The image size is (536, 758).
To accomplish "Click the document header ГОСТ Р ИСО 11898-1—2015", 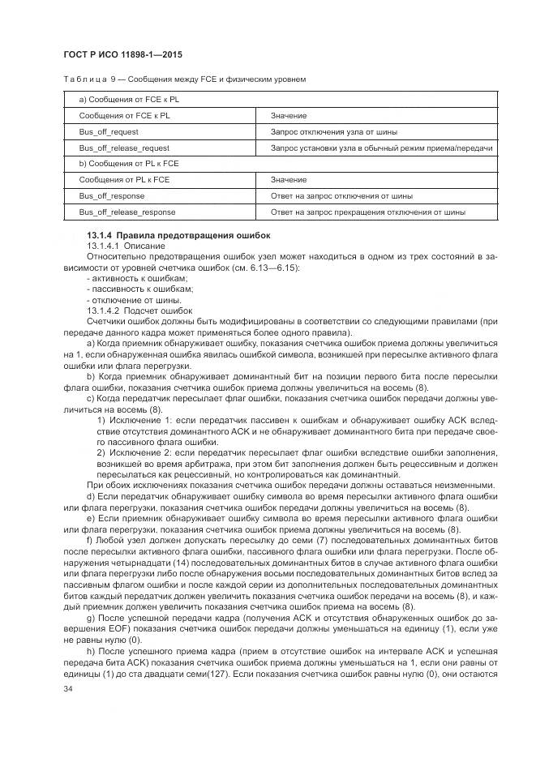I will point(122,54).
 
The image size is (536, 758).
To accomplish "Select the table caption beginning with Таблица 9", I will point(183,79).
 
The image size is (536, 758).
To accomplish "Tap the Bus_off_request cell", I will point(109,131).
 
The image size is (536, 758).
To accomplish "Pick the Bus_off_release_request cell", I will point(124,148).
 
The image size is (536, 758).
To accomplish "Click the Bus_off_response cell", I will point(111,196).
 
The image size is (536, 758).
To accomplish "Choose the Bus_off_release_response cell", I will point(126,212).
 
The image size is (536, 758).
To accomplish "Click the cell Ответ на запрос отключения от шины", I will point(341,196).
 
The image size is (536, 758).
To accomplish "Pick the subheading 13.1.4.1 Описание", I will point(120,244).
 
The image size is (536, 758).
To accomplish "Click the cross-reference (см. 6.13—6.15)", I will point(267,268).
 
